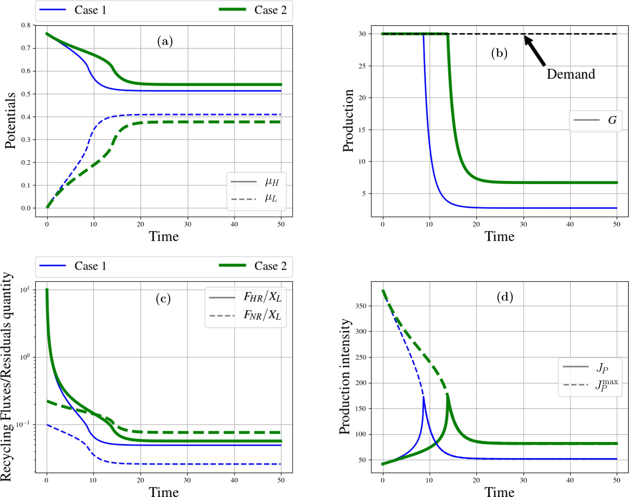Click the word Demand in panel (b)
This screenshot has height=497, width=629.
click(x=570, y=74)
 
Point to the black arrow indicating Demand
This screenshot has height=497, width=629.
click(x=535, y=51)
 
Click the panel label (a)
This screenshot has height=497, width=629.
click(x=165, y=41)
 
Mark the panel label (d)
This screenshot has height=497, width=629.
click(x=505, y=297)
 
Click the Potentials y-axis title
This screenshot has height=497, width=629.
click(x=10, y=121)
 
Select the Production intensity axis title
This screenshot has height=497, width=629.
click(x=344, y=377)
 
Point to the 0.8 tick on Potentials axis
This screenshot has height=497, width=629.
click(x=26, y=25)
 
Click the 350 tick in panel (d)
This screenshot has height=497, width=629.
click(x=360, y=306)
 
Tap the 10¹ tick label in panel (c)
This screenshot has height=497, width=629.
click(x=25, y=290)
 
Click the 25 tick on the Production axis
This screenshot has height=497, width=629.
click(x=362, y=66)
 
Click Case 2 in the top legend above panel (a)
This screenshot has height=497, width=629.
click(x=270, y=10)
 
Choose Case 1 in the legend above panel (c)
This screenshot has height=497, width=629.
click(x=90, y=266)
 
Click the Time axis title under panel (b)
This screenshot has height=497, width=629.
click(x=499, y=236)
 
